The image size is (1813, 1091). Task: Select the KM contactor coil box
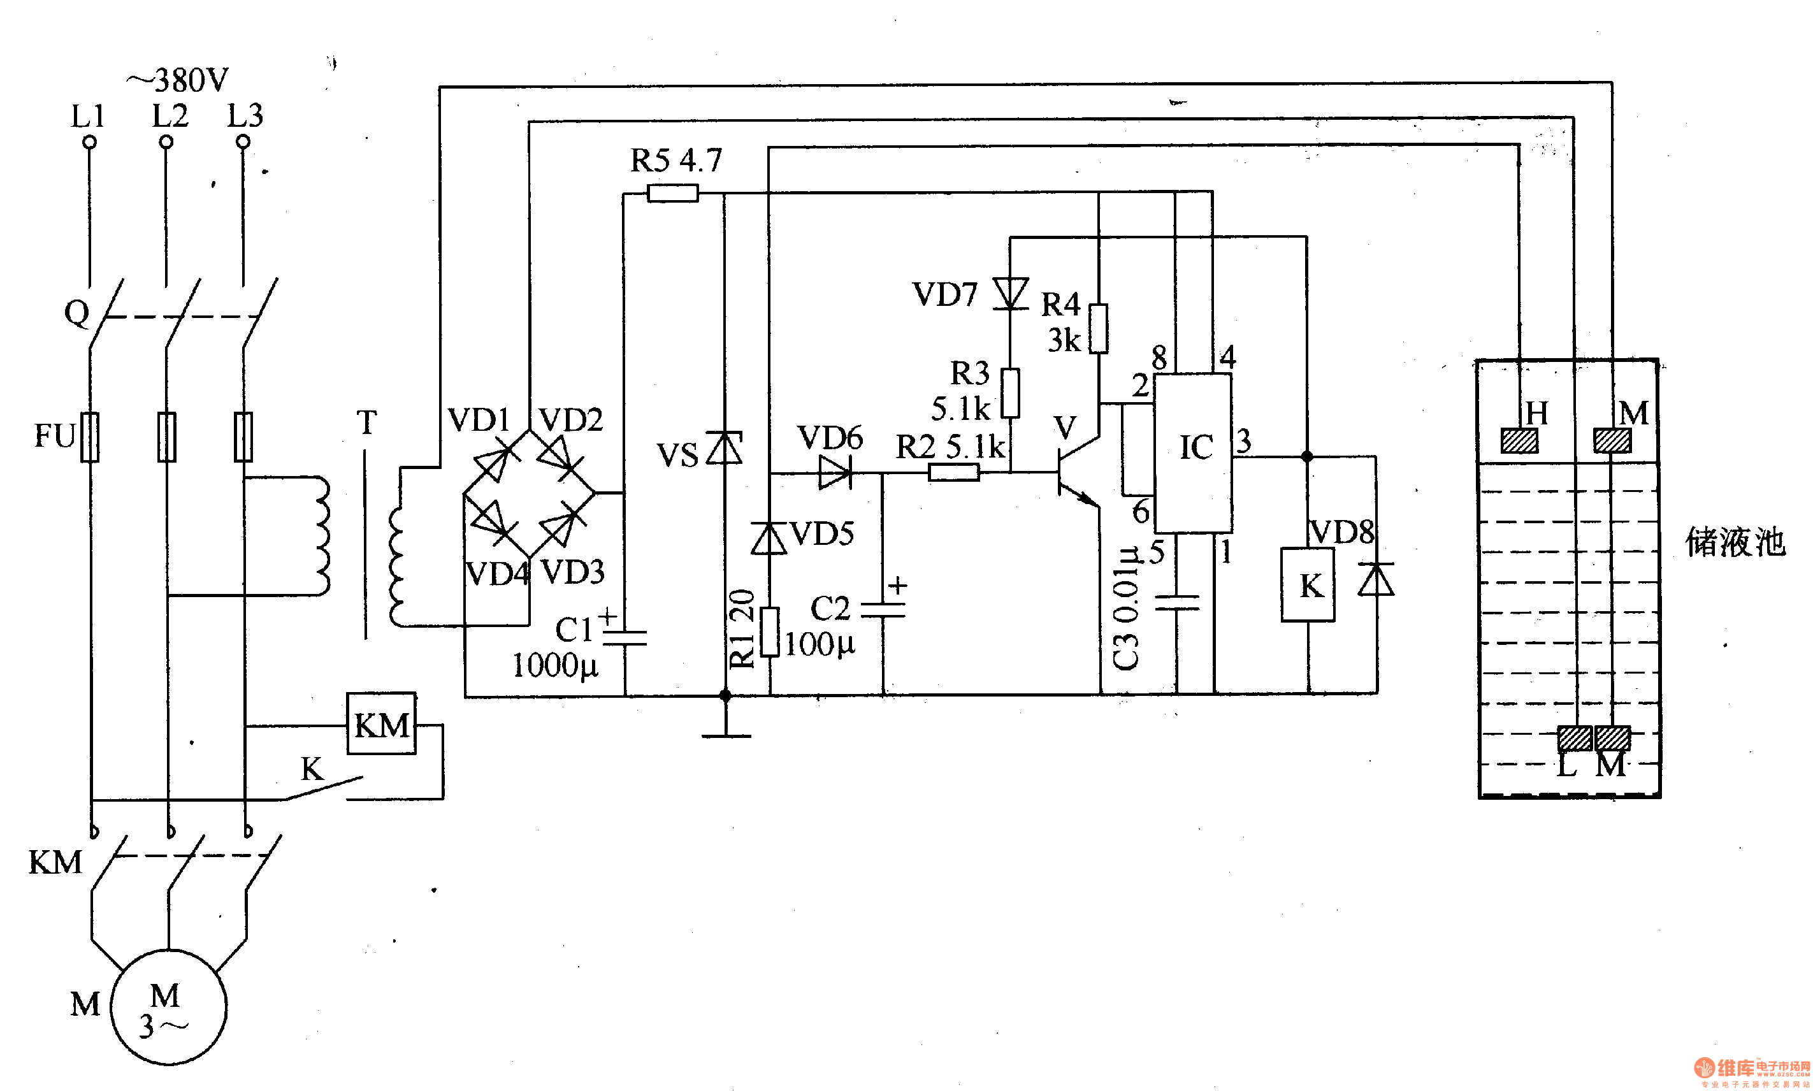point(381,724)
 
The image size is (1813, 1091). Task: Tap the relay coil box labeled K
point(1307,585)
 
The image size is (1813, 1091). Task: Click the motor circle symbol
point(168,1006)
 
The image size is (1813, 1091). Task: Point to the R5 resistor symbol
point(672,193)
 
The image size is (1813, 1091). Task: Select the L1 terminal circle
point(90,143)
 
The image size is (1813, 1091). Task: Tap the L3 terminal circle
point(243,142)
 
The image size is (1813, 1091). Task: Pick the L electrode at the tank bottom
point(1575,738)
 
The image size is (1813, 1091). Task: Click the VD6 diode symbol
point(834,472)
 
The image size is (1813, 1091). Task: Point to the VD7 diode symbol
point(1010,293)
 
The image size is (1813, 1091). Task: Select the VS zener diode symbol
point(724,448)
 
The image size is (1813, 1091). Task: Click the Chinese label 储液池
point(1735,542)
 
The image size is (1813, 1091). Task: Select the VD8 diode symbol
point(1376,579)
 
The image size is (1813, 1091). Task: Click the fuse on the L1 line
point(90,437)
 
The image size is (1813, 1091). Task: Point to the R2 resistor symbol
point(953,473)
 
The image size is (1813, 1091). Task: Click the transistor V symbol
point(1076,473)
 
